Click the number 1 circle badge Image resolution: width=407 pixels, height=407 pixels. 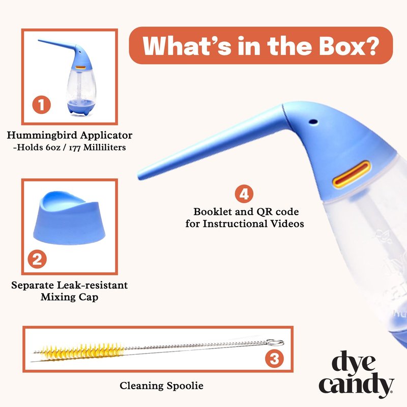click(41, 105)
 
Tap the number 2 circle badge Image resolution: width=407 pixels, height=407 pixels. click(37, 259)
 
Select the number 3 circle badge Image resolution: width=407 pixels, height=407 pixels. click(274, 359)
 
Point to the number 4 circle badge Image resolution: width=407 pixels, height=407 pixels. click(244, 194)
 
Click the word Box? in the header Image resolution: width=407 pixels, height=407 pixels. click(348, 46)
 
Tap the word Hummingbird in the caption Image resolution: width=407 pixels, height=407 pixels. click(42, 135)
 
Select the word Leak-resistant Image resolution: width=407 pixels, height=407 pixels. click(92, 285)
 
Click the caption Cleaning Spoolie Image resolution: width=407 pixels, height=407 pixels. click(161, 386)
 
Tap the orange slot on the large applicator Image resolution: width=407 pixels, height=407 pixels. click(351, 174)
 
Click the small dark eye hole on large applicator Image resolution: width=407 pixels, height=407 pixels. click(313, 121)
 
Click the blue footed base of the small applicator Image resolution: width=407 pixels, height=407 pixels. click(80, 107)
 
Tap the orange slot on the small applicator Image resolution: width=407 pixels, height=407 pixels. click(81, 68)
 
